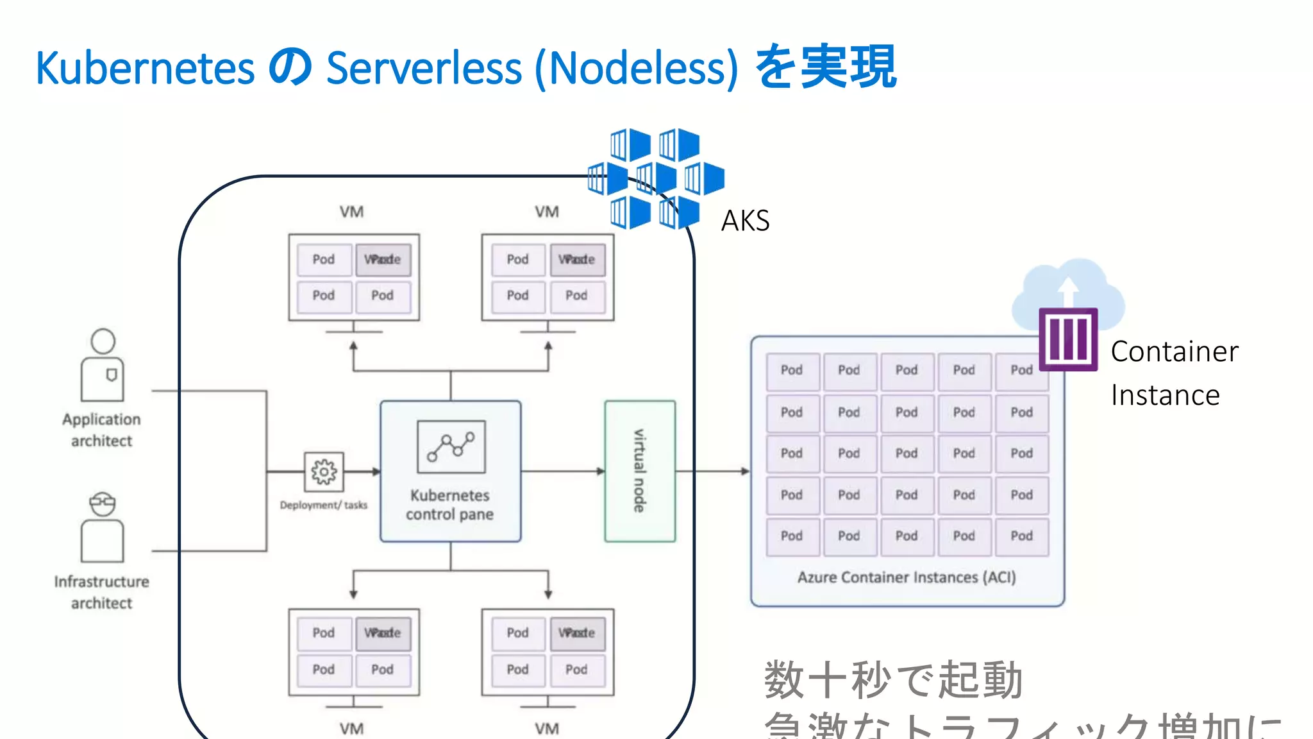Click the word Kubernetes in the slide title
click(x=146, y=68)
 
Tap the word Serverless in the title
click(x=424, y=68)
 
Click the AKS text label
click(x=745, y=221)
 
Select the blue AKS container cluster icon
click(x=656, y=178)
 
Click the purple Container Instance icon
click(x=1068, y=339)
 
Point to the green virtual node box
click(x=640, y=471)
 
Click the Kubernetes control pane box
click(x=450, y=471)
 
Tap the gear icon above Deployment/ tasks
click(x=324, y=471)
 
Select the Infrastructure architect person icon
click(x=103, y=527)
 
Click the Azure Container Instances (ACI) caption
click(x=907, y=577)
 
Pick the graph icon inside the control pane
click(x=451, y=446)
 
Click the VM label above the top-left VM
click(x=351, y=212)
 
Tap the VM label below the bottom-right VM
click(x=547, y=729)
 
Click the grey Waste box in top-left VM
click(x=383, y=259)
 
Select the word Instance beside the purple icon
click(x=1165, y=395)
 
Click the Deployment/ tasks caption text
click(x=324, y=505)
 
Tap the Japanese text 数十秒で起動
click(x=893, y=680)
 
